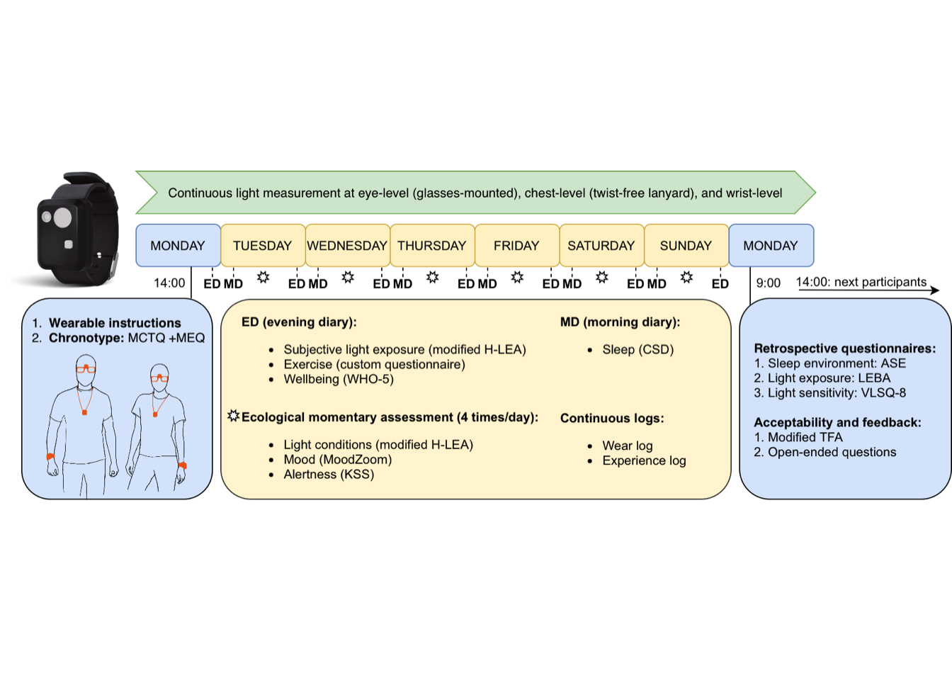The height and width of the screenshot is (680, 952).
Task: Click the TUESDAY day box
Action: [x=263, y=246]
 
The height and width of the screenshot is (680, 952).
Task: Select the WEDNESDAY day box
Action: [x=347, y=246]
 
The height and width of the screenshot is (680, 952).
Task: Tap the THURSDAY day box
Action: [x=432, y=246]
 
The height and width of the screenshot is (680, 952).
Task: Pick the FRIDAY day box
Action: [x=516, y=246]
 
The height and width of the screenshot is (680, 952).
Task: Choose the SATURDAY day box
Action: [x=601, y=246]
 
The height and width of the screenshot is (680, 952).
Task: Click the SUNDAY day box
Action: [x=686, y=246]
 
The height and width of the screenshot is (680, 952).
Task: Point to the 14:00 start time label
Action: [x=169, y=283]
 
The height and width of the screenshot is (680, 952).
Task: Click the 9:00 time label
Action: [x=768, y=283]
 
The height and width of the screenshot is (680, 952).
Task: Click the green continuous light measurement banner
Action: [x=475, y=193]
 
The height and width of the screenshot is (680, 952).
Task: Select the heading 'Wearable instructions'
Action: [x=115, y=323]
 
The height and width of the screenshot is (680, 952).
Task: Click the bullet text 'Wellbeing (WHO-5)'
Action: [x=339, y=379]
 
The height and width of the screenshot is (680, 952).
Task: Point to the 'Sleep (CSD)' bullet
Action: [x=637, y=349]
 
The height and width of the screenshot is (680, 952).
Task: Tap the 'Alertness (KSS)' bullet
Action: [x=329, y=474]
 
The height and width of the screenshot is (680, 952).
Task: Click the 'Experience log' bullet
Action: [x=644, y=460]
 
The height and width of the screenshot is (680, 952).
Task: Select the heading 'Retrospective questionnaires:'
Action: [x=844, y=348]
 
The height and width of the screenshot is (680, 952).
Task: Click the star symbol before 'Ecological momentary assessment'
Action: [x=233, y=416]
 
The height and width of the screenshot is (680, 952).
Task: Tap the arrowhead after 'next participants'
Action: [x=935, y=290]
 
